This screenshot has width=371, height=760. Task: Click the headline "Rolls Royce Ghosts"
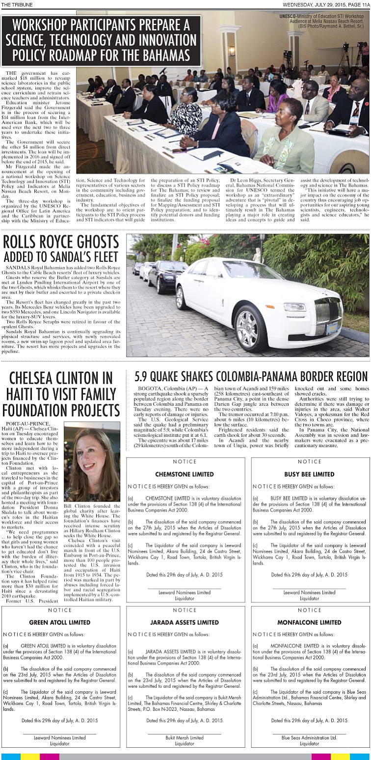(61, 242)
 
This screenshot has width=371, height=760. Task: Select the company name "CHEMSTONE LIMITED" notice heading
(185, 474)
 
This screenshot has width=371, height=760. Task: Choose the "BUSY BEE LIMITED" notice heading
(309, 474)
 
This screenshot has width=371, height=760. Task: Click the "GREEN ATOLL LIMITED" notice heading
(60, 622)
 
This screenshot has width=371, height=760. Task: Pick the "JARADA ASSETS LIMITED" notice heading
(185, 622)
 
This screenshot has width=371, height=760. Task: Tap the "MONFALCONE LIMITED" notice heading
(309, 622)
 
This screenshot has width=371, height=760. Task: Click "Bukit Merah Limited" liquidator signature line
(185, 737)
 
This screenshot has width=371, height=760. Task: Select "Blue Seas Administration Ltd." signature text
(309, 737)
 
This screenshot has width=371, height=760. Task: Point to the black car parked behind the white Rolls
(166, 278)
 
